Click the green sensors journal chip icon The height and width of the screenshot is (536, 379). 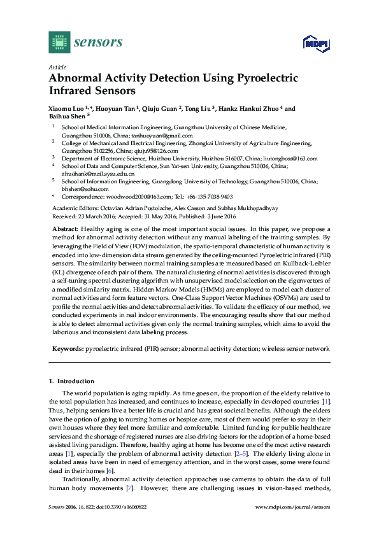tap(59, 42)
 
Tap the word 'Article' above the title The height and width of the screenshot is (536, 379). tap(57, 66)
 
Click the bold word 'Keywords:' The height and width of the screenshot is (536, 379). tap(67, 349)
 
